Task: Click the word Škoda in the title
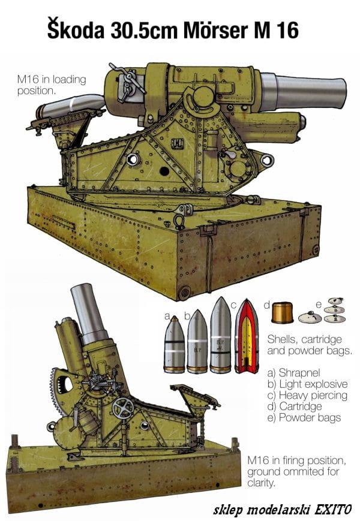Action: pyautogui.click(x=76, y=29)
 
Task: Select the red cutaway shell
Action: pyautogui.click(x=247, y=336)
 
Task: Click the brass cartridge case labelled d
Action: pyautogui.click(x=282, y=312)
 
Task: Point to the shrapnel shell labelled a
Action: pyautogui.click(x=174, y=345)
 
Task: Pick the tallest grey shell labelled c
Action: pyautogui.click(x=220, y=335)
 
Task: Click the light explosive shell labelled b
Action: pyautogui.click(x=197, y=342)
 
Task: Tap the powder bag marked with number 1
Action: pyautogui.click(x=310, y=317)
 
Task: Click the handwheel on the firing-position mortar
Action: pyautogui.click(x=122, y=408)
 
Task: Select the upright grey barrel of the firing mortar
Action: pyautogui.click(x=88, y=312)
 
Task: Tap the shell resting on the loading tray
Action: pyautogui.click(x=70, y=105)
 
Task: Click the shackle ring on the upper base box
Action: pyautogui.click(x=179, y=221)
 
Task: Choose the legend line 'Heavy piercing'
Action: pyautogui.click(x=307, y=396)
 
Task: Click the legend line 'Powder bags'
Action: pyautogui.click(x=304, y=418)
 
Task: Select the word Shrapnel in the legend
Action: pyautogui.click(x=299, y=373)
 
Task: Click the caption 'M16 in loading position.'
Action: pyautogui.click(x=52, y=85)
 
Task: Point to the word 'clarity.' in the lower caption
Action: pyautogui.click(x=261, y=483)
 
